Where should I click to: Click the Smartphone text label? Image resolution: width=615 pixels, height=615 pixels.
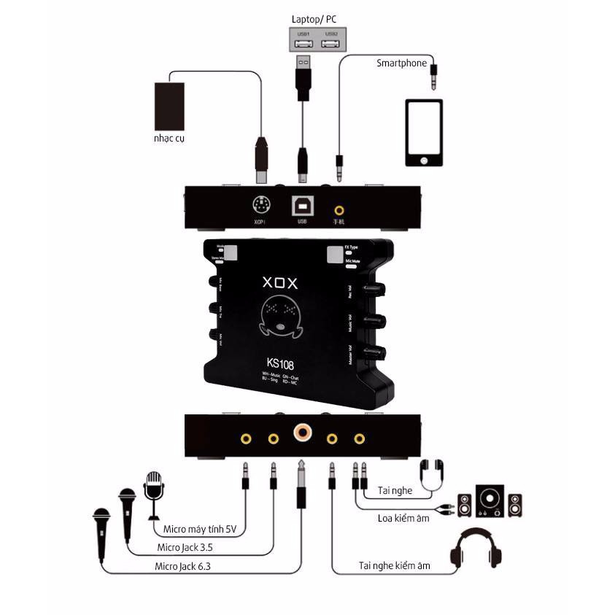(401, 63)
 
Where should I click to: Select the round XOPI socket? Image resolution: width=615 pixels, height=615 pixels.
(260, 206)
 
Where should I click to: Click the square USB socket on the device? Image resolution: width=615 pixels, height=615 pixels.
(302, 206)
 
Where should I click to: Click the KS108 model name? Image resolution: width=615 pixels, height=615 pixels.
(282, 361)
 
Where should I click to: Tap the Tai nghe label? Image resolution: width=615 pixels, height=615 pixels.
(395, 491)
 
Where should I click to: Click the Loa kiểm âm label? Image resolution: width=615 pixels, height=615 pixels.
(403, 519)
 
